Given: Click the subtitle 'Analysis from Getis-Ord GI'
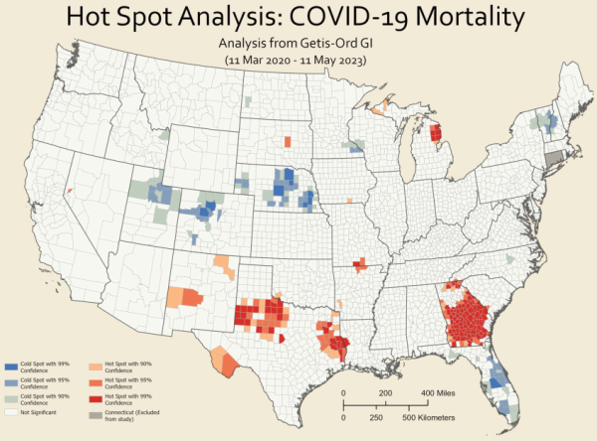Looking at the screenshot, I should [x=299, y=43].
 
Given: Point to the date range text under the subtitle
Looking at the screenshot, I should [x=298, y=60].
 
